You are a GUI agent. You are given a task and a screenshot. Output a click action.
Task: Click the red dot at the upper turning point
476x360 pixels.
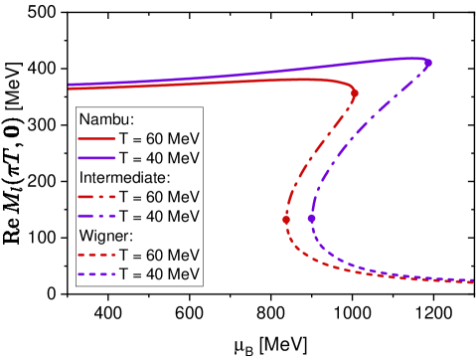(355, 93)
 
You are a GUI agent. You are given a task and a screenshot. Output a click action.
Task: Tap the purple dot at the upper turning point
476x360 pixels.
(428, 64)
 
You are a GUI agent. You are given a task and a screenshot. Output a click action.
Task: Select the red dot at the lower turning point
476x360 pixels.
(286, 219)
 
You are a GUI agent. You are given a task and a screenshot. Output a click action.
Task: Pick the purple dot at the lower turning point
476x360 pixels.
(311, 218)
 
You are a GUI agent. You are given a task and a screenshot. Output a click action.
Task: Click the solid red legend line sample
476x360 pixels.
(96, 139)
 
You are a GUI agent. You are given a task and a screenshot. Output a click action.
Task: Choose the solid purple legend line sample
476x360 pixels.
(96, 158)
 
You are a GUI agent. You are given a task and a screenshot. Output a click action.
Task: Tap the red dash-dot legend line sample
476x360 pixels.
(96, 197)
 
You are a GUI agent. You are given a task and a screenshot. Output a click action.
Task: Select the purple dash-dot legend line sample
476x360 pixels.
(96, 216)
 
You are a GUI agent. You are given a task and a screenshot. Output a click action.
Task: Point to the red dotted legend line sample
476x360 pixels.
(96, 255)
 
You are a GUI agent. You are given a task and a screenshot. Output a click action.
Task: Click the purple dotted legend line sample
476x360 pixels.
(96, 273)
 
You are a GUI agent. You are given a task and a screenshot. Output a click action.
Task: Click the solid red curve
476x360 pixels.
(199, 84)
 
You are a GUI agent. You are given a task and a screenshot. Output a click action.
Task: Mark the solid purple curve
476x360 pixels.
(248, 74)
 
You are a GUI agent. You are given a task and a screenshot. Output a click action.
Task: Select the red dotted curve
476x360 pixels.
(328, 260)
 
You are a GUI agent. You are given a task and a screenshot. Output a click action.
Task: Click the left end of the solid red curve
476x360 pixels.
(70, 89)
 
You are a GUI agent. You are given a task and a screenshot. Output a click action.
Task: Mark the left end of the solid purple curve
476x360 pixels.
(70, 85)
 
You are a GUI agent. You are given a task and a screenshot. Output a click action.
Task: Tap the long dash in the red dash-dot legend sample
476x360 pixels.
(87, 197)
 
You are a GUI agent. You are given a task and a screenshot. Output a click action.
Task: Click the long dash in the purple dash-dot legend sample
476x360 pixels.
(87, 216)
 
